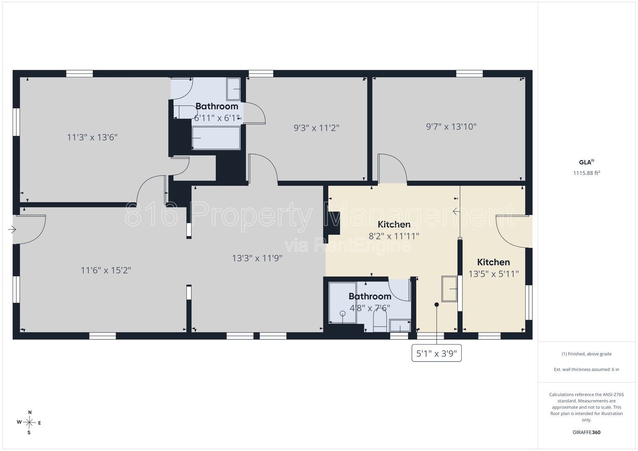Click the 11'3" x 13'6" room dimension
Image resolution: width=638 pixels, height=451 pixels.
click(92, 137)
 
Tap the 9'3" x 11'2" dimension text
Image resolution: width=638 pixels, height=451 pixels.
click(316, 128)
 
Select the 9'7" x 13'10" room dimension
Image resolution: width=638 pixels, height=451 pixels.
click(451, 127)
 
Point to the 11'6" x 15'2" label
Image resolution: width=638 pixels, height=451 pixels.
click(106, 270)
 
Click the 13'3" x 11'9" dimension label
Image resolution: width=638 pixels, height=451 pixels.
click(257, 258)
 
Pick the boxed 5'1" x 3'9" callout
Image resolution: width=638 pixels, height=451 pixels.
click(436, 353)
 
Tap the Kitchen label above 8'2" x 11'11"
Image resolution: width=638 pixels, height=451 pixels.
click(394, 224)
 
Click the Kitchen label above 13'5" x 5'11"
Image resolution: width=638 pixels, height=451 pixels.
click(493, 262)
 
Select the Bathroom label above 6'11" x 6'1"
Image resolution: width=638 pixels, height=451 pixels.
click(217, 106)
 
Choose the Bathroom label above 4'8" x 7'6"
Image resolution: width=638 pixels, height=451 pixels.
click(370, 296)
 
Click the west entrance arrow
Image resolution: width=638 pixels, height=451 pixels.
click(12, 229)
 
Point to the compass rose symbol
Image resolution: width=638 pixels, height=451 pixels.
click(29, 423)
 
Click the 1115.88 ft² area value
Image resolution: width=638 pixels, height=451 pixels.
click(587, 173)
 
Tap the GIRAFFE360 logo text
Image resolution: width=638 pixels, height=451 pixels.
click(587, 432)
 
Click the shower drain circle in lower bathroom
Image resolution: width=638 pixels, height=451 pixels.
click(343, 314)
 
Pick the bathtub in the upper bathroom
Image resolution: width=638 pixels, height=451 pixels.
click(216, 138)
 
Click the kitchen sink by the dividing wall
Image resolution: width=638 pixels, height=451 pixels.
click(449, 289)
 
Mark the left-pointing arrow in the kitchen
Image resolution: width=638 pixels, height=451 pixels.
click(456, 211)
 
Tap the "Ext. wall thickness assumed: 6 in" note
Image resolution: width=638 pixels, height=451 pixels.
click(587, 369)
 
